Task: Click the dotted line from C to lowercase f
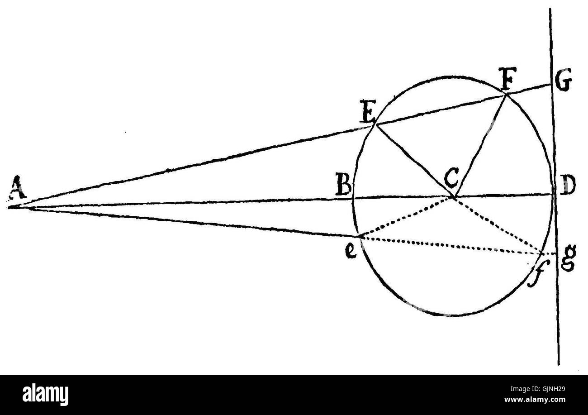click(x=498, y=224)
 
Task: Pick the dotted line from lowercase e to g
click(x=452, y=245)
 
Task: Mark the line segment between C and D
click(x=502, y=196)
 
